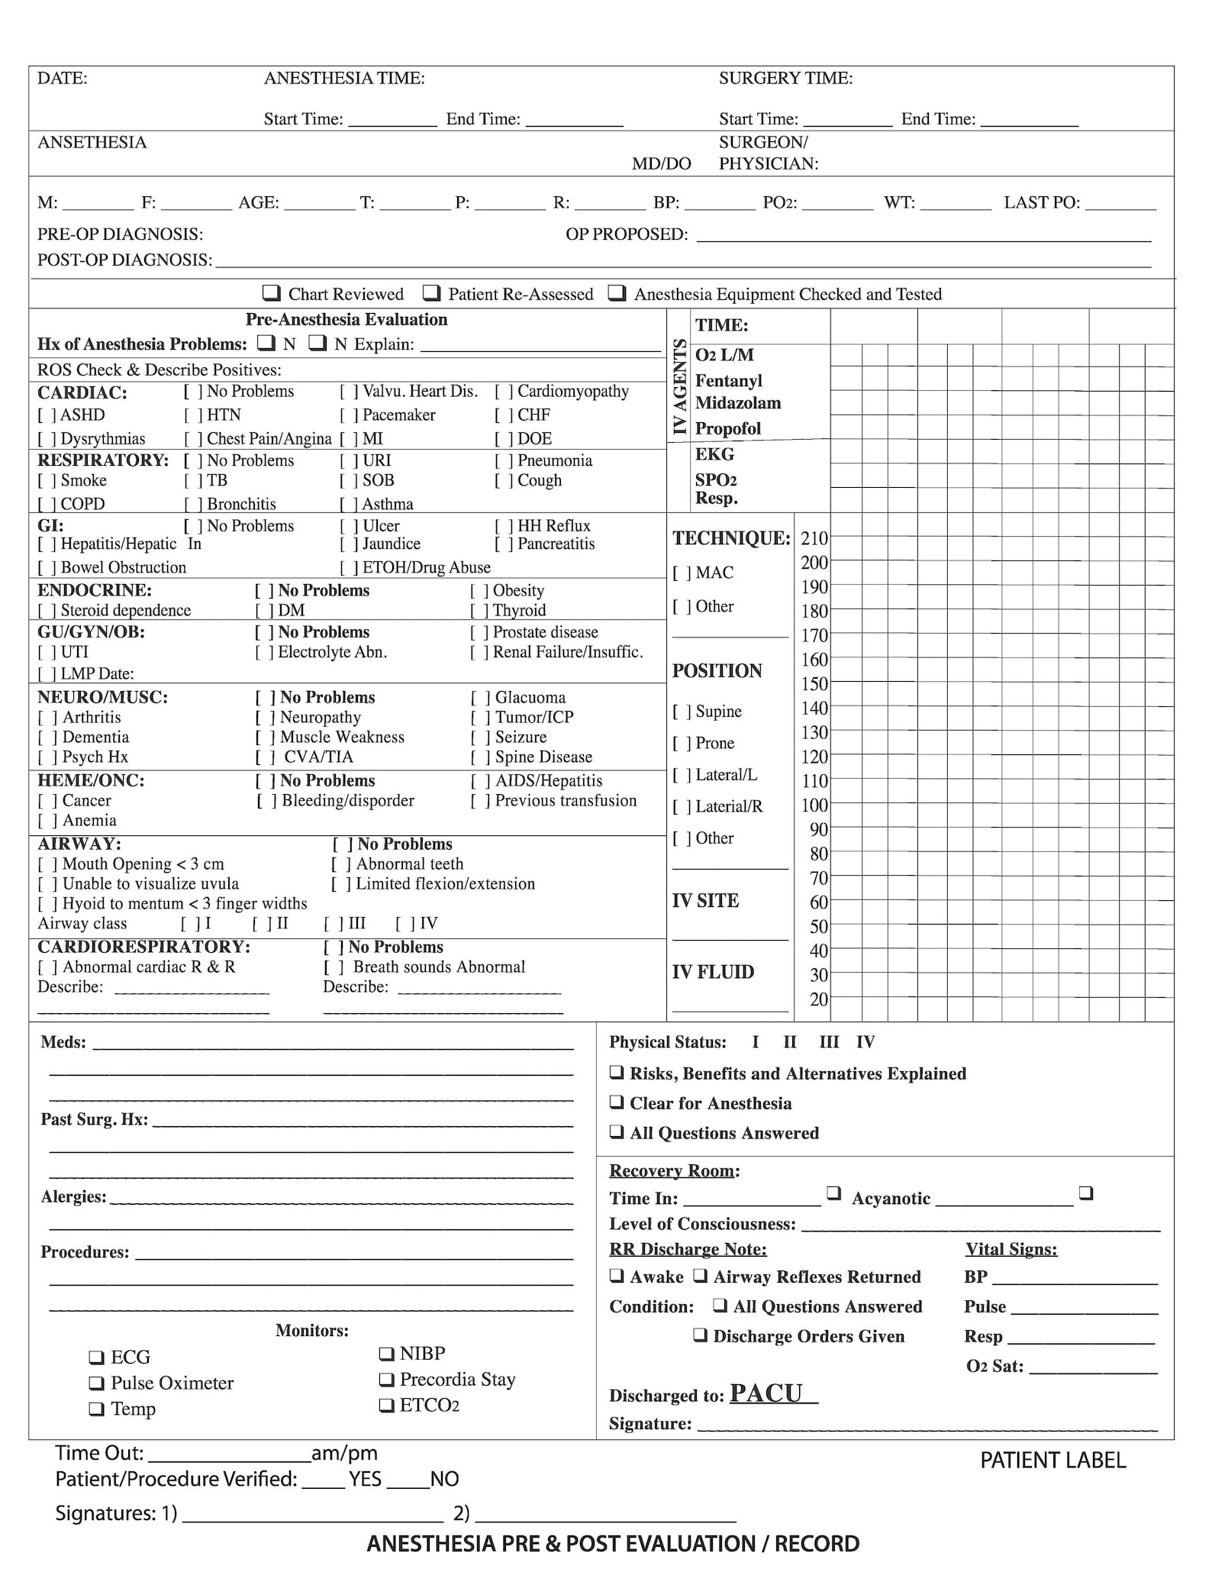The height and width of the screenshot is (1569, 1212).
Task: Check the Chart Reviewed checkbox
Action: (x=271, y=293)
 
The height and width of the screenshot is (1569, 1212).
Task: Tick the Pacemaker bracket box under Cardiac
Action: (x=349, y=415)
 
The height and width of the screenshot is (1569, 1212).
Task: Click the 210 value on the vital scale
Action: (x=814, y=538)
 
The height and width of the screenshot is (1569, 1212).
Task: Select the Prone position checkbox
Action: (x=681, y=743)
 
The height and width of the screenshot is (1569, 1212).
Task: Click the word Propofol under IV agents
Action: (x=727, y=428)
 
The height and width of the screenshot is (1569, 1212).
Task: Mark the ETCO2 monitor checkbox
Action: (x=386, y=1405)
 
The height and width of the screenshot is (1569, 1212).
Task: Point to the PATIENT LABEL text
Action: (x=1052, y=1460)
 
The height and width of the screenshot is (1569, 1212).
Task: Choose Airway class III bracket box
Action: (x=333, y=924)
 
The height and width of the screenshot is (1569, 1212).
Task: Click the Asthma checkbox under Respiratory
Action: (x=349, y=505)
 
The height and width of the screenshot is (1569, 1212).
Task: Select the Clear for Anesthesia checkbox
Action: (x=617, y=1102)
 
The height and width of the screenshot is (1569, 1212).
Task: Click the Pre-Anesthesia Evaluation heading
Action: (x=346, y=319)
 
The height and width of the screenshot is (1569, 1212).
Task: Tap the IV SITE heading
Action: (x=705, y=901)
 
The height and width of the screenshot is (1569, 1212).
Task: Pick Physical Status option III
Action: (x=829, y=1042)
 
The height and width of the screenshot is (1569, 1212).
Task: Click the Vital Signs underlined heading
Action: (x=1011, y=1249)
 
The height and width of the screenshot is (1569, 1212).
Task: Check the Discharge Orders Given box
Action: (x=700, y=1335)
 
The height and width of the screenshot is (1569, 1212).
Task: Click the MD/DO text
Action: (x=661, y=163)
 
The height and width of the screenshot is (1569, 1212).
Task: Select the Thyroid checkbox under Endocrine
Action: (x=479, y=611)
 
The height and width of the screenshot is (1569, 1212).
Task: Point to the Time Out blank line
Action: (x=227, y=1453)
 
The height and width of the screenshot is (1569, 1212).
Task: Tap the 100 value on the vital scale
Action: (x=814, y=805)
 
